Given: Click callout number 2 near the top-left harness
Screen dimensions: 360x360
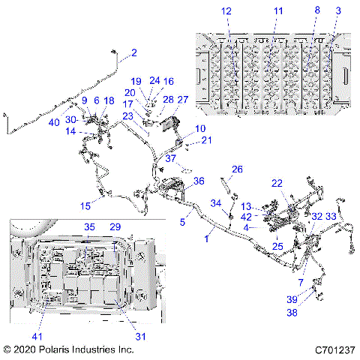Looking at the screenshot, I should click(x=134, y=52).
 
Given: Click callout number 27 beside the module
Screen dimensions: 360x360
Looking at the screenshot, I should click(x=182, y=99).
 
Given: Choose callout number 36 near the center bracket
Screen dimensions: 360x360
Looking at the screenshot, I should click(x=199, y=181).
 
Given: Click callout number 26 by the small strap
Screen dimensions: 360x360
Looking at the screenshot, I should click(x=237, y=169).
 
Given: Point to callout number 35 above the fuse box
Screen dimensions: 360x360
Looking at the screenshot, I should click(x=88, y=226).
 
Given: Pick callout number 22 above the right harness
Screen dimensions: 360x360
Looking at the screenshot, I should click(x=277, y=183).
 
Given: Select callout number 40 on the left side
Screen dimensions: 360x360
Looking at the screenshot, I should click(x=54, y=122).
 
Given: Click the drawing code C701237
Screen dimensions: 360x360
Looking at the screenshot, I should click(x=334, y=349).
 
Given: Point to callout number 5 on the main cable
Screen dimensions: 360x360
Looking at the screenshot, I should click(x=182, y=222).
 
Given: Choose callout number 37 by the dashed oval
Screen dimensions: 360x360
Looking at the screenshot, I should click(x=171, y=158).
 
